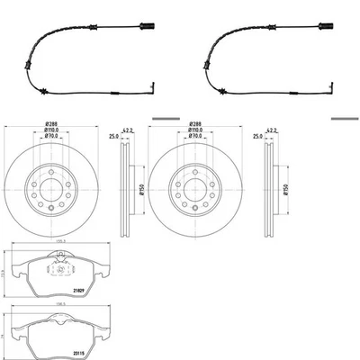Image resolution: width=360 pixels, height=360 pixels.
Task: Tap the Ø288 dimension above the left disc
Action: click(50, 126)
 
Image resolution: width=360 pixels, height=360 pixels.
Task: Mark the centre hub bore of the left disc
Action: click(50, 190)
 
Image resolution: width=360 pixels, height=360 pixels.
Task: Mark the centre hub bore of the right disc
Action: click(194, 190)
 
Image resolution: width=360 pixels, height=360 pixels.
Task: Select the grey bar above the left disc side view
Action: click(166, 118)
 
